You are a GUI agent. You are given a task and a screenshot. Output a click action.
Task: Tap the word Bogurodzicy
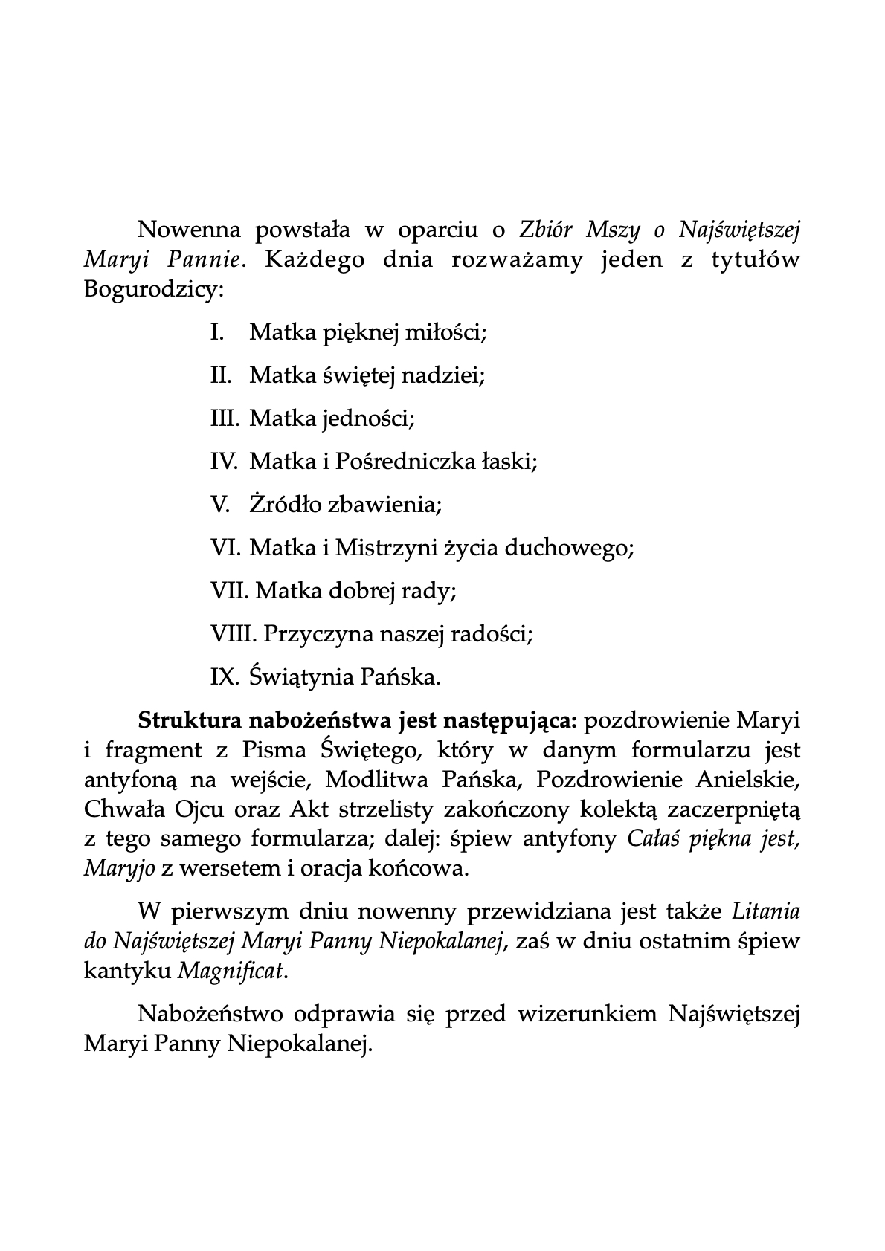pos(153,289)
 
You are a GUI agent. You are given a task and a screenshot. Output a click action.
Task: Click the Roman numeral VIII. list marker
pos(234,634)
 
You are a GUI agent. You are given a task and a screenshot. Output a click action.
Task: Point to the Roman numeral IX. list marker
pos(225,677)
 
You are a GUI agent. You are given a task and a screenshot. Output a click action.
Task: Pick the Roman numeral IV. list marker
pos(225,462)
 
